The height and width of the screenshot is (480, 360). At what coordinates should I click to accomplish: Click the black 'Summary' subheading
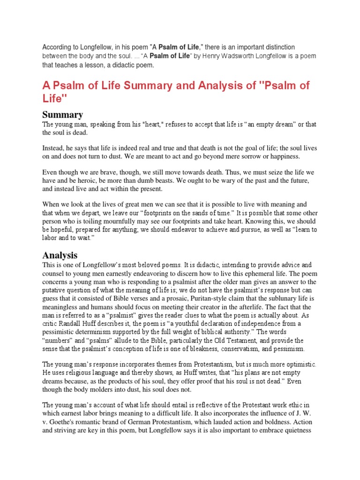click(x=63, y=114)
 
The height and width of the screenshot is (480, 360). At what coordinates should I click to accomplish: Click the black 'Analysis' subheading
click(x=60, y=255)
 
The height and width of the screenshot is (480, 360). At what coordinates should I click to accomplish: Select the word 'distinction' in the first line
click(x=278, y=47)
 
